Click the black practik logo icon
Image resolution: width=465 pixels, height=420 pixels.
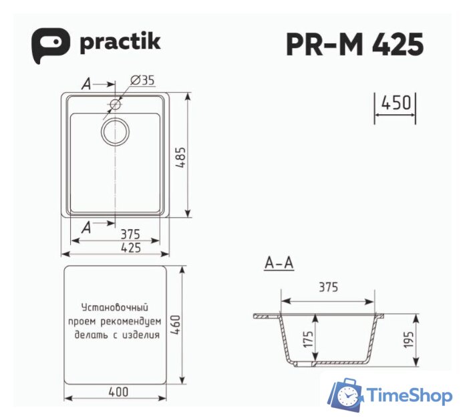(x=50, y=45)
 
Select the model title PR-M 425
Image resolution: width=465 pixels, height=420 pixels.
(x=354, y=45)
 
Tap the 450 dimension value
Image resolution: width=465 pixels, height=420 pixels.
(x=394, y=104)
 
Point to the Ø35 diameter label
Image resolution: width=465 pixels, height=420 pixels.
(x=142, y=80)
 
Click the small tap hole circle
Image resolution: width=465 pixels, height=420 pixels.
(x=116, y=104)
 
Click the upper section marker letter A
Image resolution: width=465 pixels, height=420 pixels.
(x=86, y=84)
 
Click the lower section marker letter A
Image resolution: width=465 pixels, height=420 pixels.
(x=86, y=228)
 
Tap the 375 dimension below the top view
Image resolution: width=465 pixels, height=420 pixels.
(x=130, y=234)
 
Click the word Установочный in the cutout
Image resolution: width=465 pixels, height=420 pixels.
(x=114, y=308)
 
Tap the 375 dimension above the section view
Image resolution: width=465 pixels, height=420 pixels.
(x=327, y=288)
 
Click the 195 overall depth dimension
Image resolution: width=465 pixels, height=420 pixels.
(x=409, y=340)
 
